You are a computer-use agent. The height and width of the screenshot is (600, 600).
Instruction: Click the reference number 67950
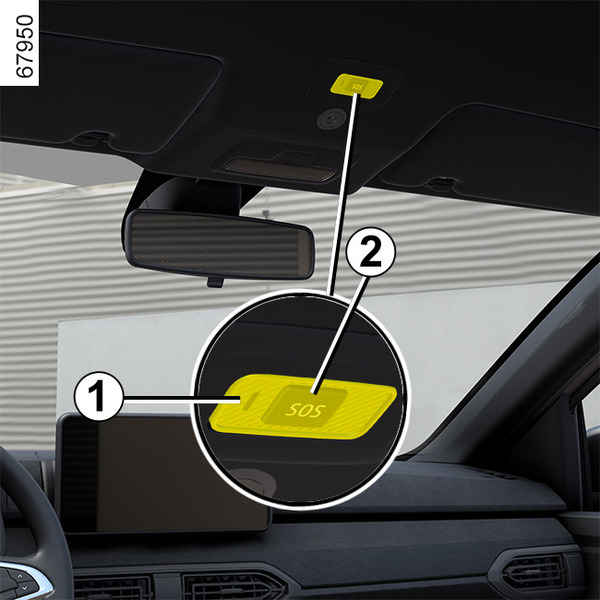coord(25,46)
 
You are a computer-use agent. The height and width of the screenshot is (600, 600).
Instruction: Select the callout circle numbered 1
coord(98,396)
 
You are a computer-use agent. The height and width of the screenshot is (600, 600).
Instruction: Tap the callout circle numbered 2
coord(370,251)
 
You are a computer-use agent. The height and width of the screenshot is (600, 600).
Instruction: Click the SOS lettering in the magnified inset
coord(305,411)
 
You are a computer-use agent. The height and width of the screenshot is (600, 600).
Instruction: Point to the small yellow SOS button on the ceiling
coord(357,86)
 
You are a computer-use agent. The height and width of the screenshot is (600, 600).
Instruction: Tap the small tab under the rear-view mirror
coord(215,282)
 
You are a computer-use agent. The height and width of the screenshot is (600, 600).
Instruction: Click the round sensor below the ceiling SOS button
coord(331,119)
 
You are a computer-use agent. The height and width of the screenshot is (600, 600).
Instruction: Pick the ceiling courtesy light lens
coord(279,167)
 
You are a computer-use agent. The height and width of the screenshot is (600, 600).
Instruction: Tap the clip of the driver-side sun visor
coord(91,139)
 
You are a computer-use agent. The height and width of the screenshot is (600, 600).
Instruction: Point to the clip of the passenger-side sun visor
coord(441,184)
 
